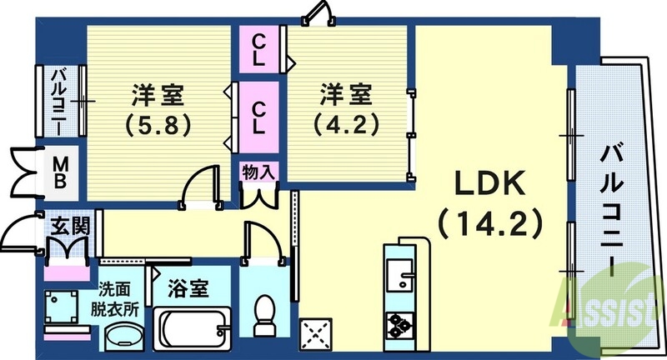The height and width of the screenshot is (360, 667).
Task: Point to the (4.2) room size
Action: [x=347, y=125]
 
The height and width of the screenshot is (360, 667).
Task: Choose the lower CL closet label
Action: [x=259, y=117]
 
